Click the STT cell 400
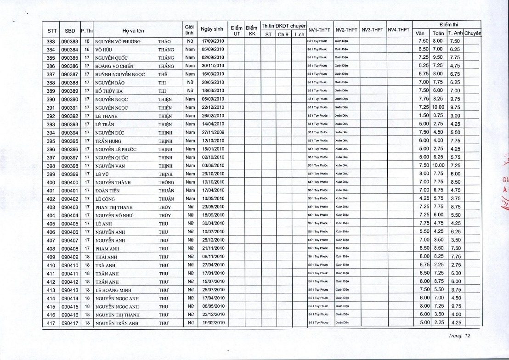click(51, 183)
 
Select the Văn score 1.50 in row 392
click(423, 116)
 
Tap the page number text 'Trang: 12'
click(460, 336)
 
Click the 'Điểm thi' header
click(446, 24)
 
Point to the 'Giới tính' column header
click(188, 29)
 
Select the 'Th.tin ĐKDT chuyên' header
click(283, 25)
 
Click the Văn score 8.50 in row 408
click(423, 249)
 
